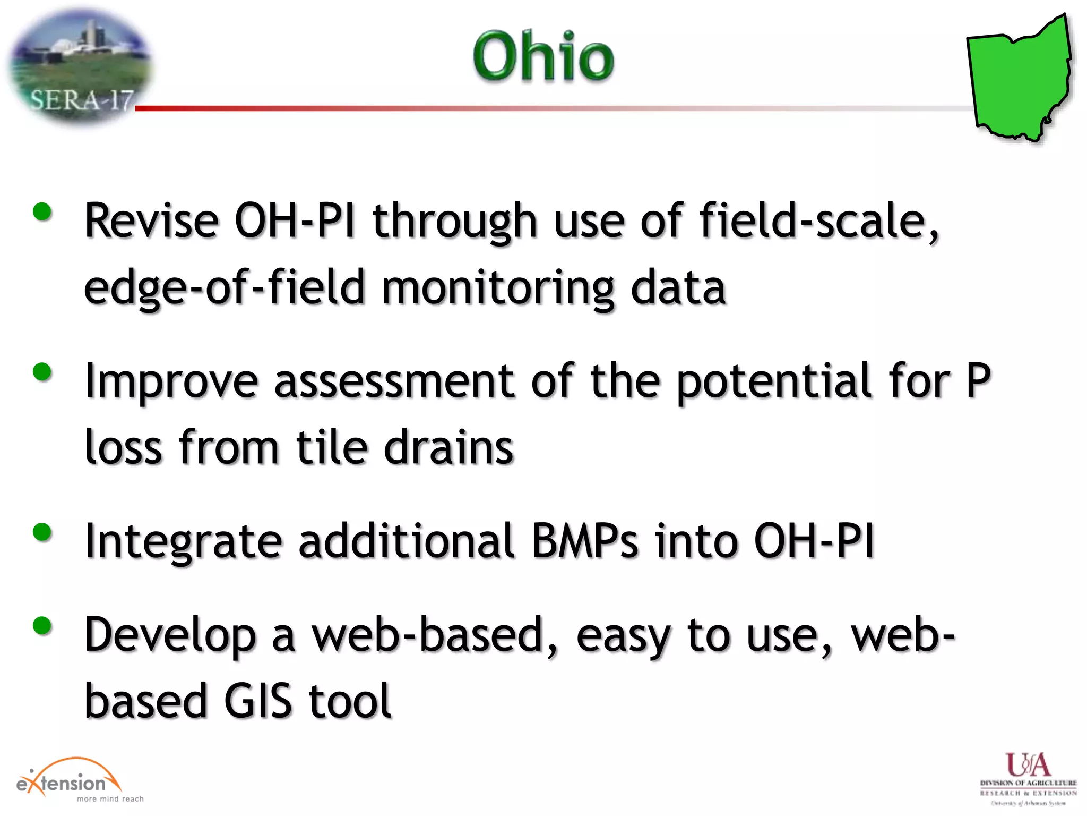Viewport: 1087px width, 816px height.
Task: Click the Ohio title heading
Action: [543, 56]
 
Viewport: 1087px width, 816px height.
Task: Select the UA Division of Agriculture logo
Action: [1028, 778]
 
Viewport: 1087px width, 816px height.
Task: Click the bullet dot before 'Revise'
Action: [42, 212]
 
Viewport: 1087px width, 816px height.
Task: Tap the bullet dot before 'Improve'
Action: [42, 372]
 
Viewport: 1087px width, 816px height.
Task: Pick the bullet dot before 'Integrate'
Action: [42, 532]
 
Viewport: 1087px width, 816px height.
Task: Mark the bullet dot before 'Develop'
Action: [42, 626]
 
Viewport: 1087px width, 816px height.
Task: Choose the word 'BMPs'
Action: [585, 541]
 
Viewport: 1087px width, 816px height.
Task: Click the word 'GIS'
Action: [258, 701]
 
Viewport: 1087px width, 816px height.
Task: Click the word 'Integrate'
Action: [183, 541]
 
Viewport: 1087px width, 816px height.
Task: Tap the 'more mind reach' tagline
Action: [110, 799]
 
